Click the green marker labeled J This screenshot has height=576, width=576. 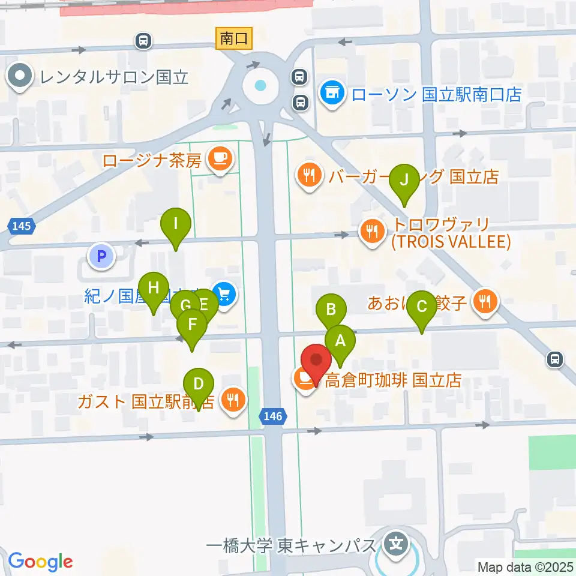(x=404, y=179)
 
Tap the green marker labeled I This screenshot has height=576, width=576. (x=176, y=224)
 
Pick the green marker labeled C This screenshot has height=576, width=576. (x=422, y=307)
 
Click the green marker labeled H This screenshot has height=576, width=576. (x=154, y=287)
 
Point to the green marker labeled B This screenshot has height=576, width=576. (x=331, y=310)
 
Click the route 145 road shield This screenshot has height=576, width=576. (x=22, y=226)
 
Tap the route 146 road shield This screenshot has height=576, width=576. (x=274, y=415)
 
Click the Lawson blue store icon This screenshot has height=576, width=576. (x=331, y=94)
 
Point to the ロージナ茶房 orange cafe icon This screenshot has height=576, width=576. (x=218, y=158)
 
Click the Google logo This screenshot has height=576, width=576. (x=40, y=562)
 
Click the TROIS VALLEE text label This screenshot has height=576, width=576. (x=451, y=242)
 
